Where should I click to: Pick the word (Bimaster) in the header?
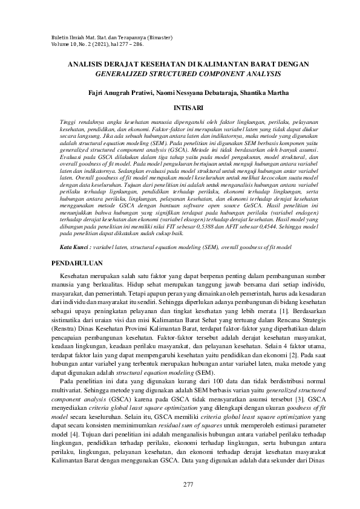(159, 37)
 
